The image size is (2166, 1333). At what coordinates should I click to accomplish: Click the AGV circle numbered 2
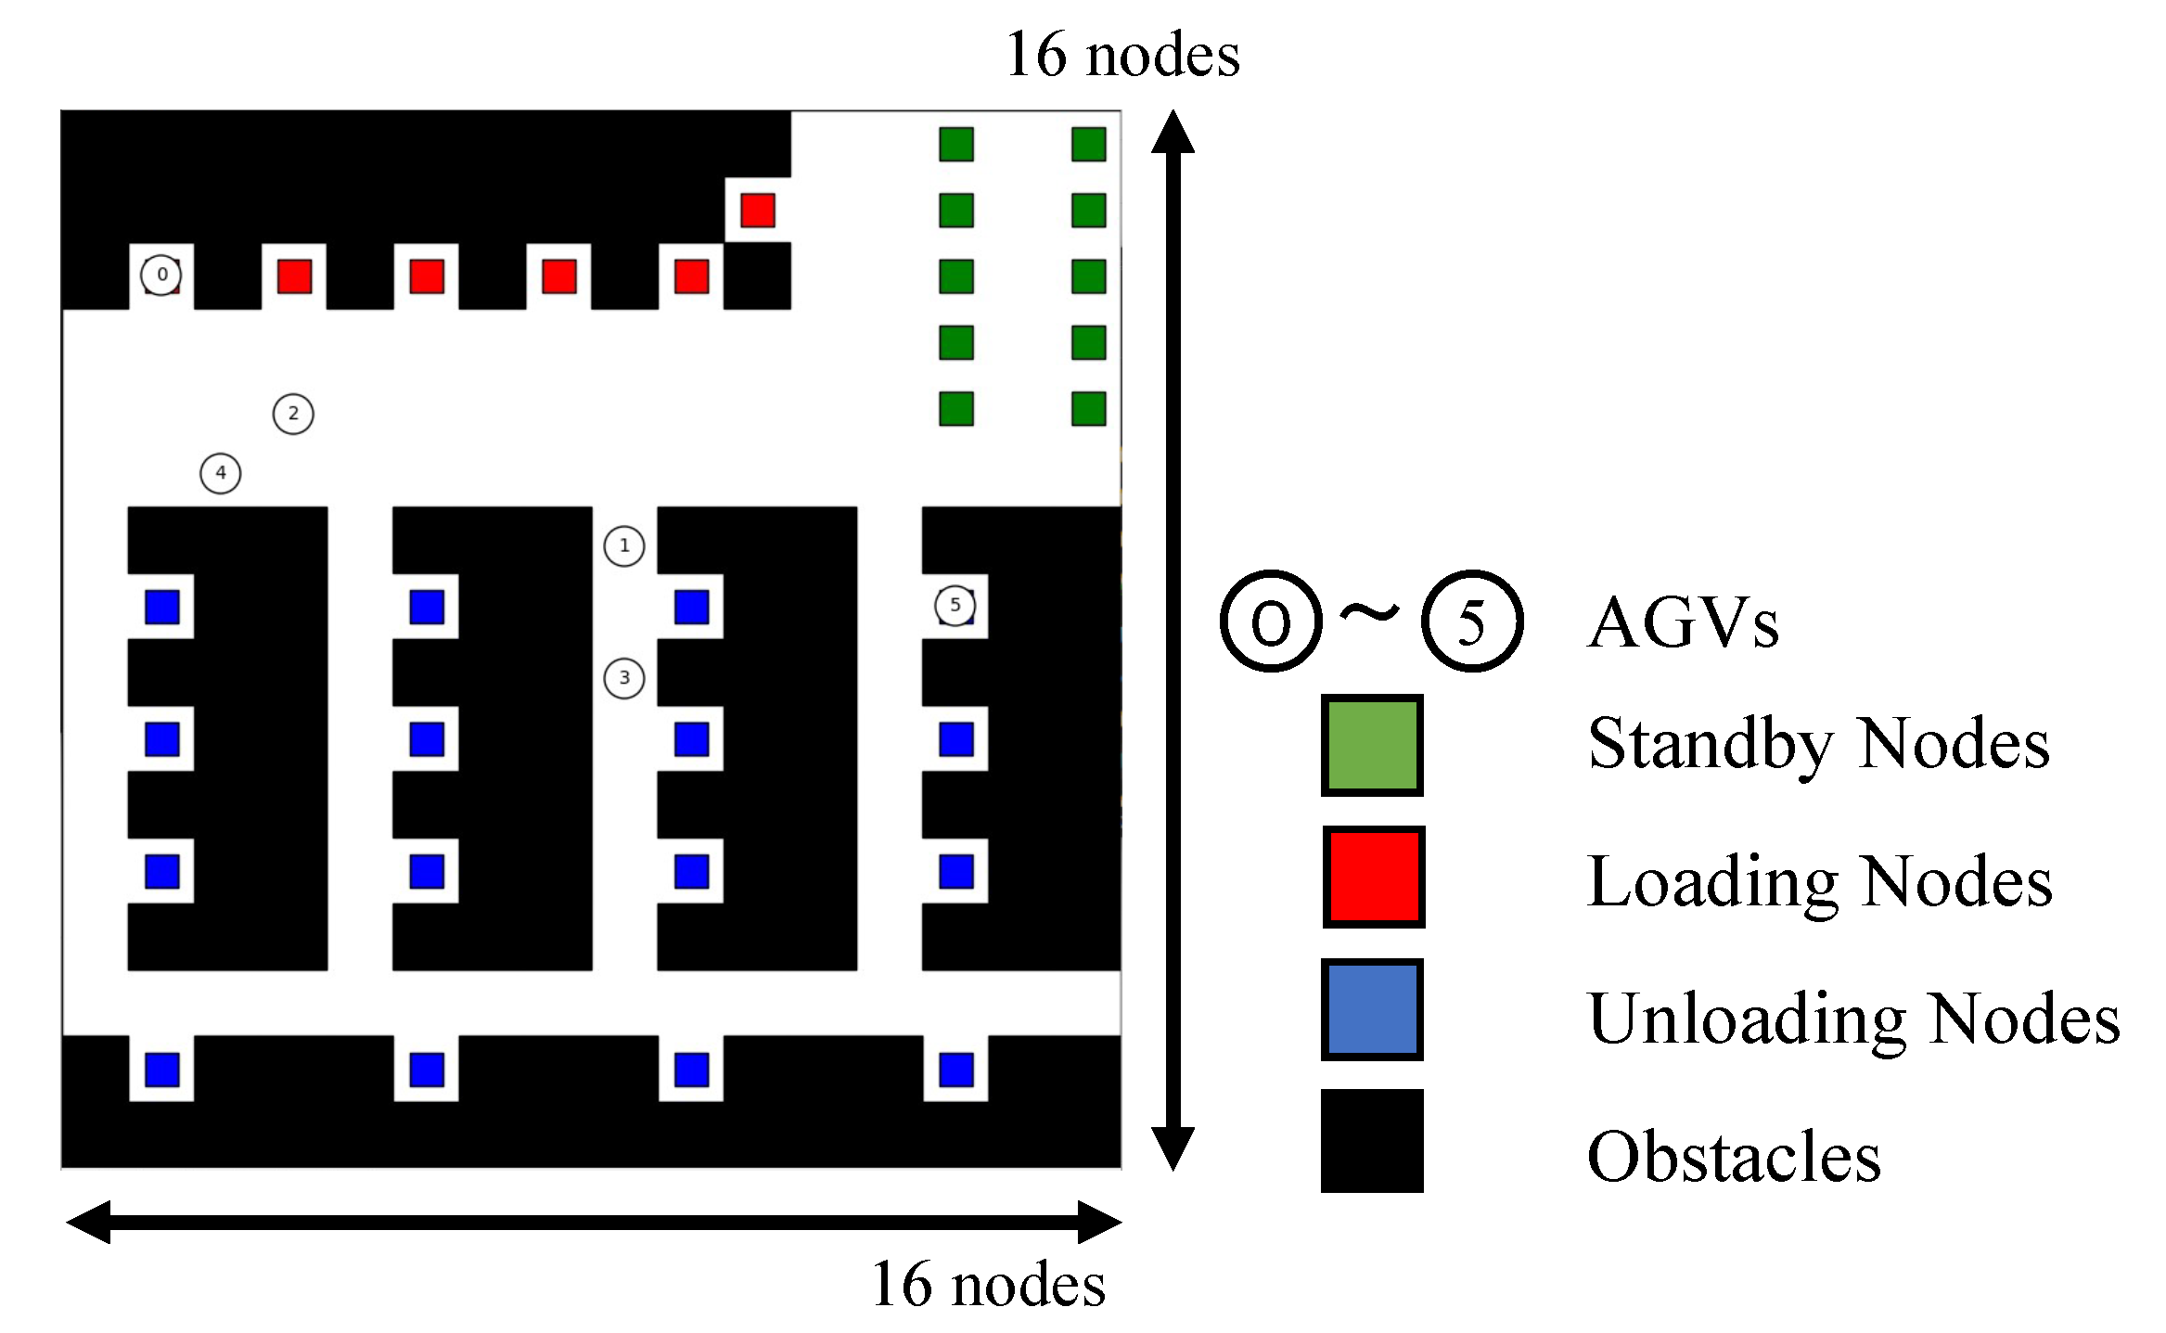[293, 414]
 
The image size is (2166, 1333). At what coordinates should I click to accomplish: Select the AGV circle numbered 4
[221, 473]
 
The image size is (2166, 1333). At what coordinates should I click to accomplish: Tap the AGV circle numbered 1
[624, 546]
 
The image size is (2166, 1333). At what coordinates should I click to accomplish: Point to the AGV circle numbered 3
[624, 678]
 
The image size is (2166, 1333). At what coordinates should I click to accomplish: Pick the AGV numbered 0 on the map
[161, 275]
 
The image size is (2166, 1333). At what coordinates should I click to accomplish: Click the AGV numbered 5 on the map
[955, 605]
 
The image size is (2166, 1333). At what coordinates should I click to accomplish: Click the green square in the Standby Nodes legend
[1372, 745]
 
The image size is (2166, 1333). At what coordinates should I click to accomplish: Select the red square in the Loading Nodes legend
[1373, 877]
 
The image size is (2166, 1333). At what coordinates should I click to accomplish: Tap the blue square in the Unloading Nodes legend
[1372, 1009]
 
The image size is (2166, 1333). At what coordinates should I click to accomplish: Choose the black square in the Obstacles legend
[1372, 1141]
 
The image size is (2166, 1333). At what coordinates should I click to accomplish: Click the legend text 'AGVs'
[1683, 622]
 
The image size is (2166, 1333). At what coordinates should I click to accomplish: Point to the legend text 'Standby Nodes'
[1818, 744]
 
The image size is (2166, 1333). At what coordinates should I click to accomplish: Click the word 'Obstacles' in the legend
[1734, 1158]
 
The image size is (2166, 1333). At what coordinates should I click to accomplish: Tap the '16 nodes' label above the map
[1122, 55]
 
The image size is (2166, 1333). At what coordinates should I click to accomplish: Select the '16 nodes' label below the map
[988, 1285]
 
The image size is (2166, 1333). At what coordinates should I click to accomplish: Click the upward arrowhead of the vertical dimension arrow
[1173, 132]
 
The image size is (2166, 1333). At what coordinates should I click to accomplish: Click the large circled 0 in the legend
[1271, 622]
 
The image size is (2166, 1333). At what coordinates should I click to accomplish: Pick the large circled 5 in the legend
[1472, 622]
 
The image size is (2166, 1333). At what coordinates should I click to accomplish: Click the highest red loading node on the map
[758, 211]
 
